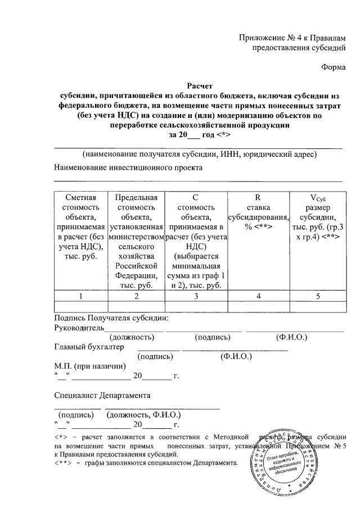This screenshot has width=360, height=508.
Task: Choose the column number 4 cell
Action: (x=258, y=296)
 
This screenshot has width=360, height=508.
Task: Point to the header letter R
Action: (x=258, y=197)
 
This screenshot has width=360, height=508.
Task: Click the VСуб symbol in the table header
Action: (x=318, y=198)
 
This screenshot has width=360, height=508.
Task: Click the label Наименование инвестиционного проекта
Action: (x=128, y=167)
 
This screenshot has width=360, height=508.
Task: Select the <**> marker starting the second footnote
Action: (x=63, y=463)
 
